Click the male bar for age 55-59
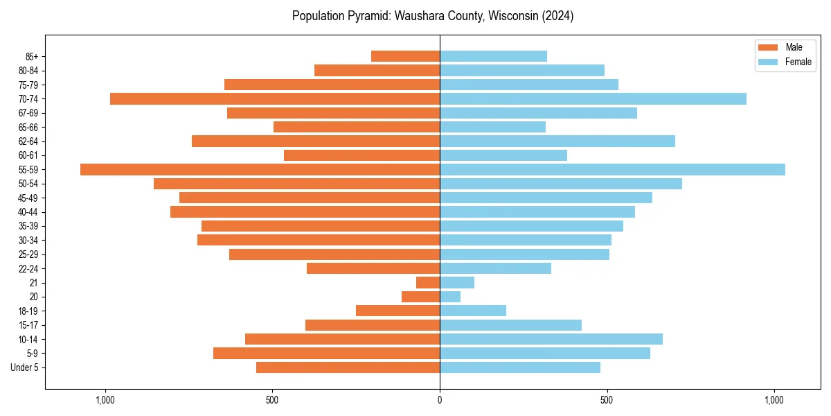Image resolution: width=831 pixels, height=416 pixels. coord(260,169)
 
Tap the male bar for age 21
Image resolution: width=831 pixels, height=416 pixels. coord(428,282)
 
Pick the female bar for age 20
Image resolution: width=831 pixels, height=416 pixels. coord(450,297)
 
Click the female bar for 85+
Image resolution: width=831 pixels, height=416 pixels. coord(493,56)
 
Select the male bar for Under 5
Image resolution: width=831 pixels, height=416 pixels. coord(348,367)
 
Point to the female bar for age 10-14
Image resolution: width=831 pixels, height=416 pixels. coord(551,339)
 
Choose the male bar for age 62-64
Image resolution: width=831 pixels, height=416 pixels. coord(316,141)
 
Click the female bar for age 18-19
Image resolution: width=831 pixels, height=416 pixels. coord(473,311)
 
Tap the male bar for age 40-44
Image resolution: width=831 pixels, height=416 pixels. coord(305,211)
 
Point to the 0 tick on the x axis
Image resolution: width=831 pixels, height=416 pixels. coord(440,400)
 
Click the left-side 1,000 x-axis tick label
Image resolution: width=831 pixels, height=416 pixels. coord(105,400)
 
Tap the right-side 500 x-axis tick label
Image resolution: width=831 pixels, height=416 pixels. coord(607,400)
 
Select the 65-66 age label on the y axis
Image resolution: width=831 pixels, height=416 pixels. coord(28,127)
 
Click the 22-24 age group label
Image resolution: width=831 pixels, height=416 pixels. coord(28,268)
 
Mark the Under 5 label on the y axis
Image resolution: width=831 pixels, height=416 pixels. coord(25,367)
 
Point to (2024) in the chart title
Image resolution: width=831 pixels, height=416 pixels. coord(556,16)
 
